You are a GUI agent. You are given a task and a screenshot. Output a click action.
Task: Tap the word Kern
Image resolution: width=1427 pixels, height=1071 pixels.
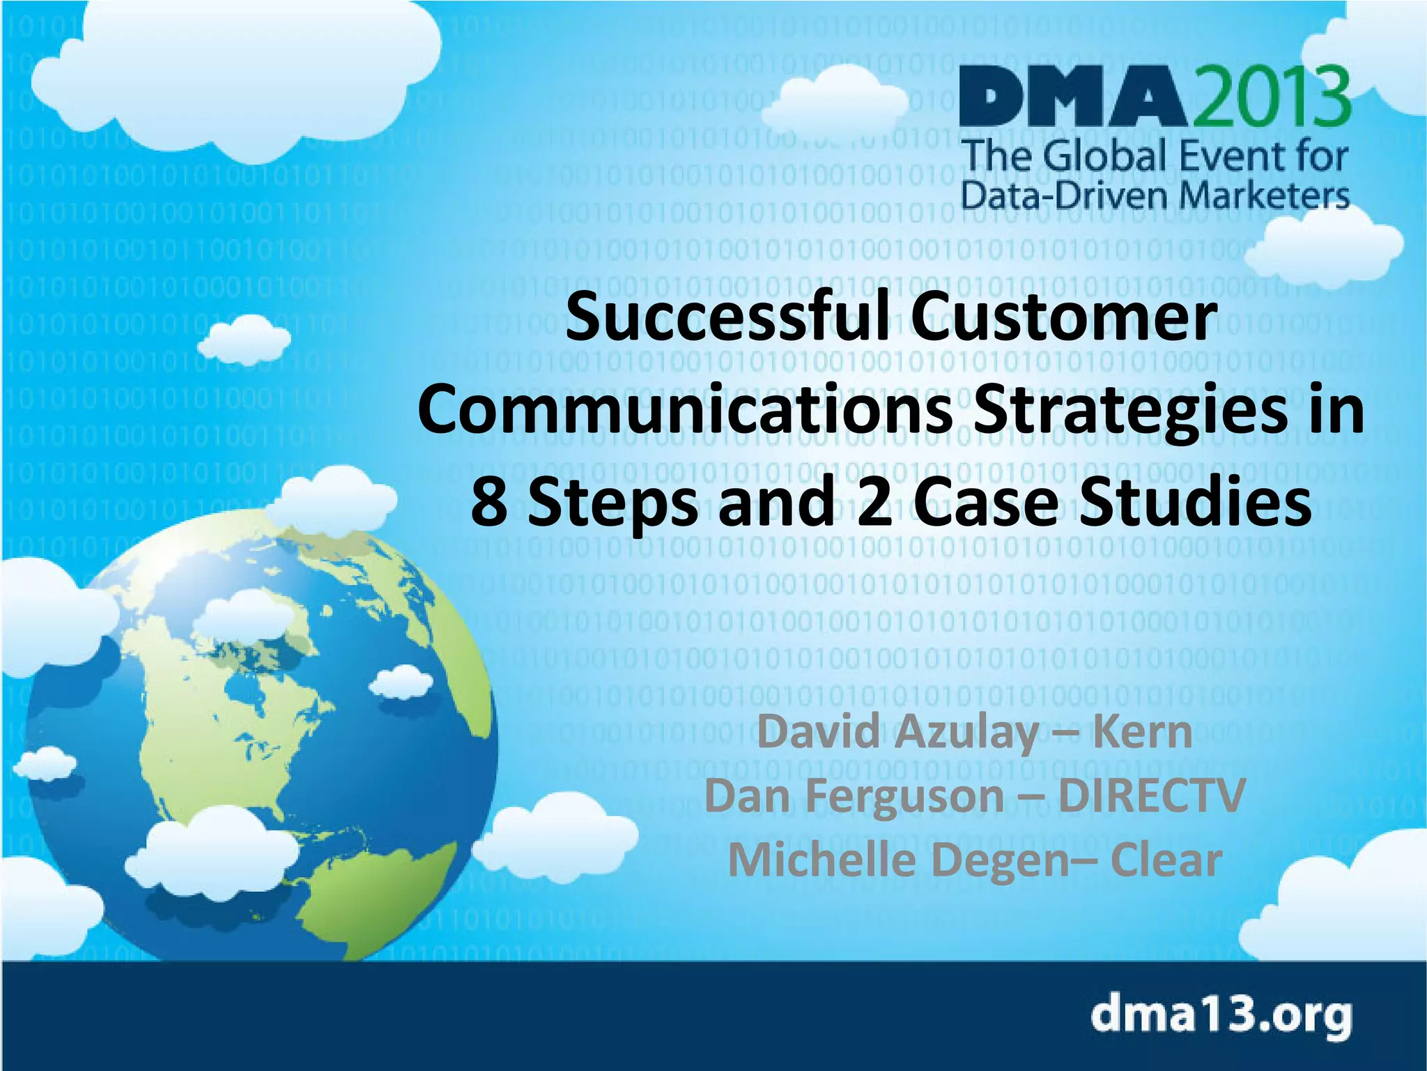(x=1143, y=732)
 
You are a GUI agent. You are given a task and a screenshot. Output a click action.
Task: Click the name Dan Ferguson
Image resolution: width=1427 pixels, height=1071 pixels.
(x=854, y=796)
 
